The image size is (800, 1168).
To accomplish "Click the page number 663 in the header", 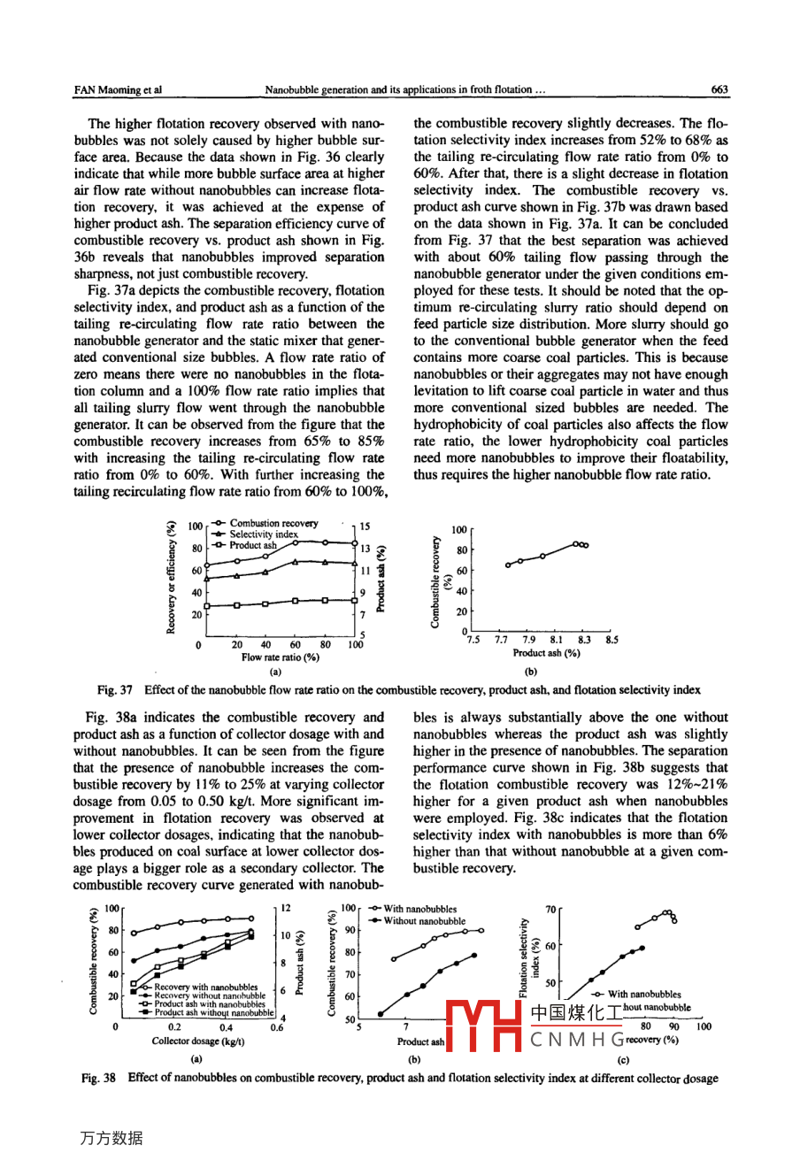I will point(719,89).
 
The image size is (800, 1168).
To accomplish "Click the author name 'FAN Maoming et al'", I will point(118,89).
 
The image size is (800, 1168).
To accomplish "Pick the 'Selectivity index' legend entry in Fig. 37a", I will point(263,534).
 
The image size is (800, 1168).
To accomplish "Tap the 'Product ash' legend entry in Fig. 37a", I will point(252,545).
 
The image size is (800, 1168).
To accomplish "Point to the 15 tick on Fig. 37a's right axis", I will point(365,526).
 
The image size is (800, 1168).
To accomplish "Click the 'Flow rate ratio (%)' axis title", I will point(280,657).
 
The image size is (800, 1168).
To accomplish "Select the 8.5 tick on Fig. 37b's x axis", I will point(612,640).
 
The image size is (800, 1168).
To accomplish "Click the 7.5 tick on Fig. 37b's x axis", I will point(473,640).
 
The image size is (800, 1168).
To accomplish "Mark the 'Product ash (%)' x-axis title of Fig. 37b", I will point(546,653).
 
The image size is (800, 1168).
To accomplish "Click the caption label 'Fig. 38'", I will point(99,1079).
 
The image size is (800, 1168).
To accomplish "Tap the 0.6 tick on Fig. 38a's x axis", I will point(277,1027).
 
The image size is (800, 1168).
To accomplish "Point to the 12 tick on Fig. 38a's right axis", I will point(286,908).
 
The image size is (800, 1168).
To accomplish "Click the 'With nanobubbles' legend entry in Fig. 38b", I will point(419,909).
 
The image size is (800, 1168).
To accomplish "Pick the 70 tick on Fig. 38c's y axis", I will point(550,909).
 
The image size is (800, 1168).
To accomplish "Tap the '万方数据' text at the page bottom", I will point(111,1138).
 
